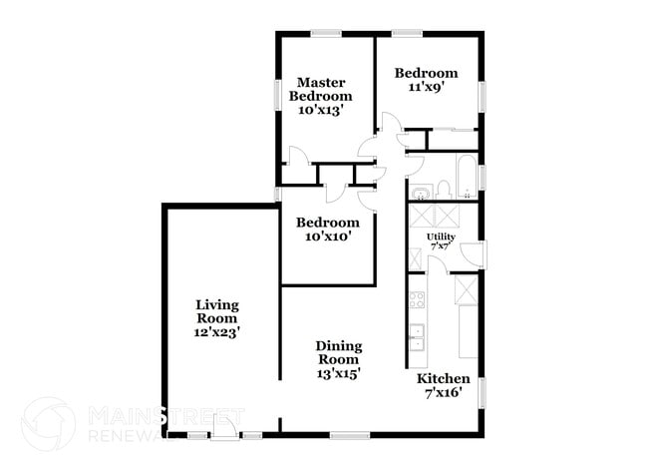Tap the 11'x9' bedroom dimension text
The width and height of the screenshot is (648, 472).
pyautogui.click(x=426, y=87)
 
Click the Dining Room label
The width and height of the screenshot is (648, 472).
pyautogui.click(x=339, y=352)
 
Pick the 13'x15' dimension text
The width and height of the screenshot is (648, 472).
pyautogui.click(x=339, y=372)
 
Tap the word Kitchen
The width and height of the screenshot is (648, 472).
pyautogui.click(x=443, y=379)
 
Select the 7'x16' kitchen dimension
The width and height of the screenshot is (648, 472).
pyautogui.click(x=443, y=393)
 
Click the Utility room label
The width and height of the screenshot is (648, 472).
pyautogui.click(x=441, y=236)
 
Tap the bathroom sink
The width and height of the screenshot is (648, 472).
pyautogui.click(x=420, y=191)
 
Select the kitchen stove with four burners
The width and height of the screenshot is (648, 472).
pyautogui.click(x=417, y=299)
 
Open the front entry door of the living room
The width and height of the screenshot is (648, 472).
pyautogui.click(x=225, y=428)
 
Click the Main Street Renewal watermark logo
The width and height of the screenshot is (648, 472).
pyautogui.click(x=48, y=423)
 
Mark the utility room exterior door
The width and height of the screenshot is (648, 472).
pyautogui.click(x=474, y=254)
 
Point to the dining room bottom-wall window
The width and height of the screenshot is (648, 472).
pyautogui.click(x=350, y=434)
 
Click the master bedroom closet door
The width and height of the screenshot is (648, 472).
pyautogui.click(x=297, y=158)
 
